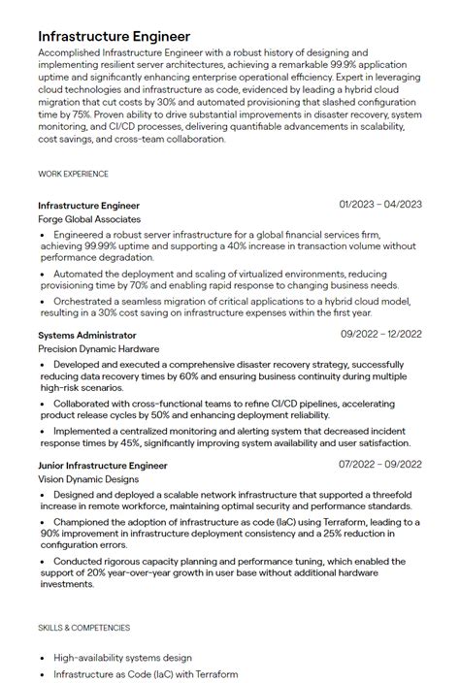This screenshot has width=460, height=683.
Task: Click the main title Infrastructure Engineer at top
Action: (x=114, y=36)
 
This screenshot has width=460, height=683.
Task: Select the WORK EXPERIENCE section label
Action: (x=73, y=174)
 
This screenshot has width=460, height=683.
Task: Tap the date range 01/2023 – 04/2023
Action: (x=380, y=205)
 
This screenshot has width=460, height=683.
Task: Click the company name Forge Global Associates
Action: (x=89, y=219)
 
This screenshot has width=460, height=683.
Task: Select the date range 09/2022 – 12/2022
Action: (x=380, y=334)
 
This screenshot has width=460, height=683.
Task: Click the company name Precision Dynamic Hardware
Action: (x=99, y=348)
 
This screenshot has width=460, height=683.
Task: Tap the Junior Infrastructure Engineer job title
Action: (x=103, y=466)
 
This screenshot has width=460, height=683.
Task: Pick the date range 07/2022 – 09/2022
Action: (x=380, y=465)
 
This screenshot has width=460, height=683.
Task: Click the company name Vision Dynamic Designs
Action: (x=88, y=479)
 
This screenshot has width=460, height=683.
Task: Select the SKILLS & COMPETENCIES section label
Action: (x=83, y=628)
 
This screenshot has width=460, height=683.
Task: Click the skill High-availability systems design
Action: (x=122, y=657)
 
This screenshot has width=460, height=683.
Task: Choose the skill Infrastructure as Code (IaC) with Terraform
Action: (x=146, y=673)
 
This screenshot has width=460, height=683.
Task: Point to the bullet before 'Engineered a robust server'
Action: (x=43, y=235)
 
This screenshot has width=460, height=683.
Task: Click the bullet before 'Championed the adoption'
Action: (x=43, y=522)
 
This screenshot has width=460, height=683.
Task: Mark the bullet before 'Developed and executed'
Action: (x=43, y=364)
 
